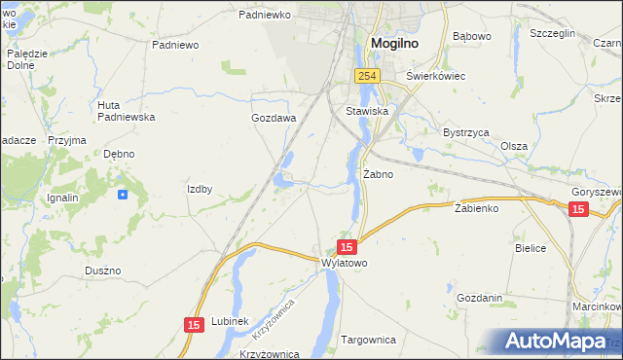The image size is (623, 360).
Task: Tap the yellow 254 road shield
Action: coord(366,76)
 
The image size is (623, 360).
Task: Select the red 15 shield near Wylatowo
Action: coord(348,248)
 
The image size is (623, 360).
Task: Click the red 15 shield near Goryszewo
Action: coord(578,209)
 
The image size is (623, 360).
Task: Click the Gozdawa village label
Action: coord(274,118)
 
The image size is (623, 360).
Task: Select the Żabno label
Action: coord(378,175)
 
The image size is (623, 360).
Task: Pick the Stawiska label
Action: coord(367,112)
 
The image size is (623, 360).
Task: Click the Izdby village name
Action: coord(200,189)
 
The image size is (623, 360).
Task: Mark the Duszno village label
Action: coord(102,270)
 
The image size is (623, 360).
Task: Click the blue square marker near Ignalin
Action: coord(122,195)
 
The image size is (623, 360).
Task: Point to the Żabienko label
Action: coord(477,208)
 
